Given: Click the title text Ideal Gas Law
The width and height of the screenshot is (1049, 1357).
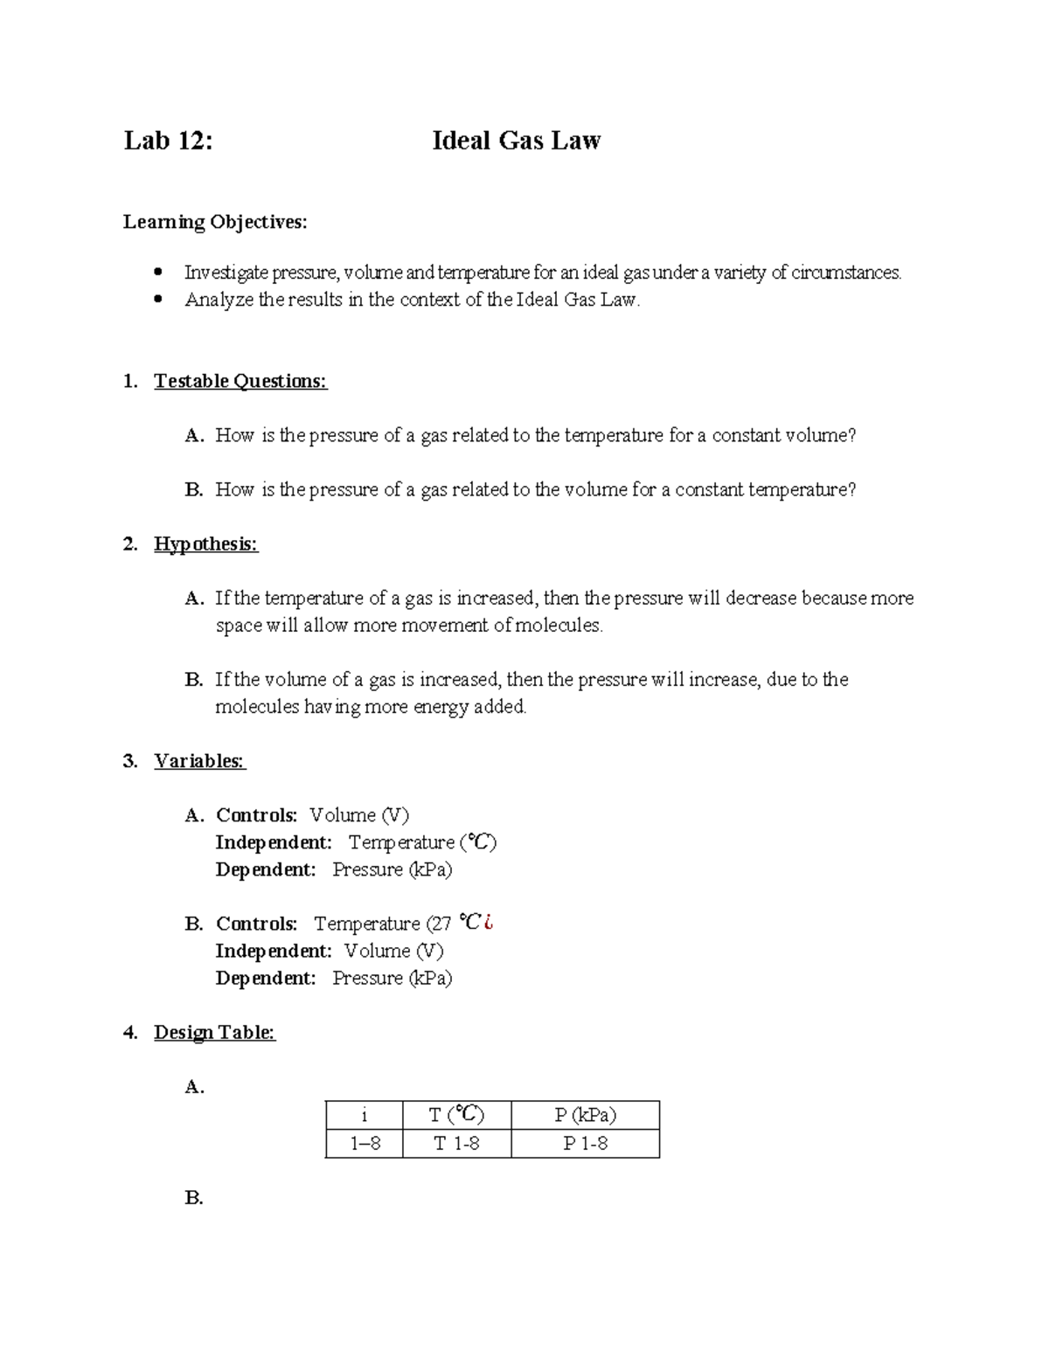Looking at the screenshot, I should [516, 141].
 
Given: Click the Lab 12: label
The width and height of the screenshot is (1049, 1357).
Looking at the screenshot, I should [168, 141].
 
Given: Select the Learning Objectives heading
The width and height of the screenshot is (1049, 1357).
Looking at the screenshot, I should [215, 222].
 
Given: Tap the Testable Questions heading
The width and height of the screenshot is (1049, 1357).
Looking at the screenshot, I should [240, 381].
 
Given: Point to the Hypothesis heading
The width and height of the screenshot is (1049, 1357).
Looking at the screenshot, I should [205, 544].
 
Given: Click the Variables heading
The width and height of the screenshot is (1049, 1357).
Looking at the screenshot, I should [199, 761].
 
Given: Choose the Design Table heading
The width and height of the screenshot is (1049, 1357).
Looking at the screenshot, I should [214, 1033].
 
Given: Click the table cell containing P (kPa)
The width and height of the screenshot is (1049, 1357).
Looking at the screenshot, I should [585, 1115].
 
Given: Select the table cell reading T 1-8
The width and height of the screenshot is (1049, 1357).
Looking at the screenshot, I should [456, 1143].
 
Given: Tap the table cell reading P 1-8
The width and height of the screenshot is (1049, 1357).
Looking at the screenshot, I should [585, 1143].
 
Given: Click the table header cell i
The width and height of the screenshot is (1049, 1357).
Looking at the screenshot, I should [364, 1115].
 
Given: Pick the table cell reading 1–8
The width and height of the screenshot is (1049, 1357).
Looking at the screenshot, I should [364, 1143].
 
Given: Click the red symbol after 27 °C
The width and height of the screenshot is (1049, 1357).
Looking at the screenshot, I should [489, 923].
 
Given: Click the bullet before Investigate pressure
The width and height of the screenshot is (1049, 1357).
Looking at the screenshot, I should [158, 272].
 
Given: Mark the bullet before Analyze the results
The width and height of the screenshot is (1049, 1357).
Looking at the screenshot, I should [158, 299].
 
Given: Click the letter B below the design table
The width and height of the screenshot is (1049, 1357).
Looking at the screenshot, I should [194, 1198].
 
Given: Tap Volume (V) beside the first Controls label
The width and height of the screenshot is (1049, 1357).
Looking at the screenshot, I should [358, 815].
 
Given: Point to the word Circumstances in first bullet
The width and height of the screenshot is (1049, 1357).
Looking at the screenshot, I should [845, 273].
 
